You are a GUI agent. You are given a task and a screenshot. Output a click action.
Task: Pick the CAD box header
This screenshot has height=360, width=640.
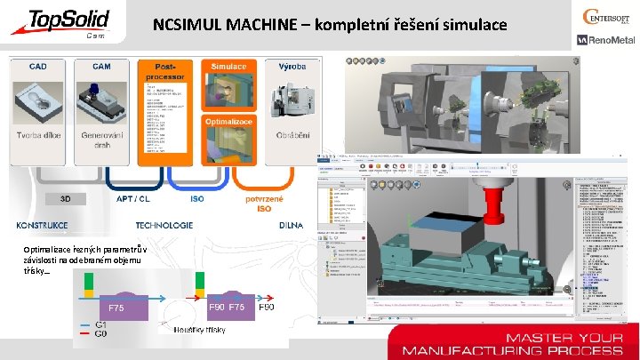click(39, 67)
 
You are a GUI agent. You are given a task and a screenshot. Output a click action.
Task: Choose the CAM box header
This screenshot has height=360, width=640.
click(101, 67)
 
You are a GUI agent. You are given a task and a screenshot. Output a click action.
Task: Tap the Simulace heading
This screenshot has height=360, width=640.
click(228, 67)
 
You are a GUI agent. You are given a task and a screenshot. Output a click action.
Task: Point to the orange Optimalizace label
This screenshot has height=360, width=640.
click(228, 121)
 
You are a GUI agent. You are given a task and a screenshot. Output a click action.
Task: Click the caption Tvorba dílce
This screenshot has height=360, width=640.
click(39, 135)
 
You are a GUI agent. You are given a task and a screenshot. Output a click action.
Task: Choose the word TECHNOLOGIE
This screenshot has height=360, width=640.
click(165, 225)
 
